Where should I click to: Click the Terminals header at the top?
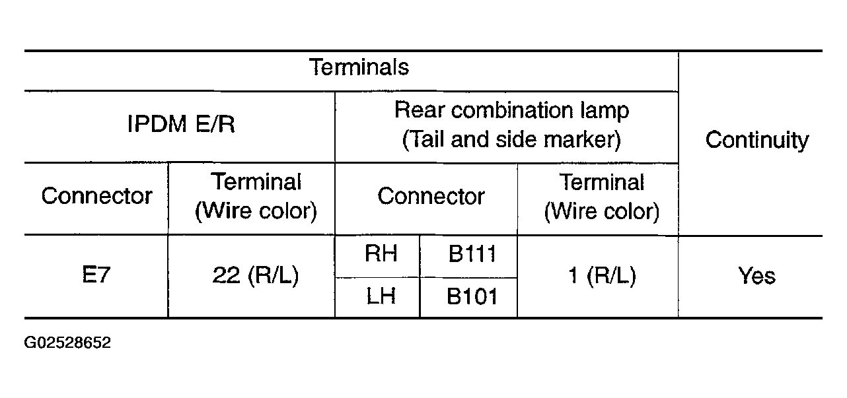(x=359, y=67)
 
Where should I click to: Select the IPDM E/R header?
(x=181, y=124)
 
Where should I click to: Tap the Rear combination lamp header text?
(x=511, y=111)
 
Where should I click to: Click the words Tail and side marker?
(x=511, y=139)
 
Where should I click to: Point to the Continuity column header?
(x=757, y=140)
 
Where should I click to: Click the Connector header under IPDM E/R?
(x=97, y=196)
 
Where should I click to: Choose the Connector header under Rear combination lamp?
(x=431, y=196)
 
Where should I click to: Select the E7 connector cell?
(x=96, y=275)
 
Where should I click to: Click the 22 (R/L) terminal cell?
(x=256, y=275)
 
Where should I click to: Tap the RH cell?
(x=381, y=253)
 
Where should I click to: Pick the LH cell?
(x=381, y=296)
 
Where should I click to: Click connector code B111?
(x=472, y=253)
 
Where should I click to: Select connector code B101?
(x=472, y=296)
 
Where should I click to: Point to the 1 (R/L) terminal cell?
(x=603, y=276)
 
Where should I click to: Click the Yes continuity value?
(x=756, y=275)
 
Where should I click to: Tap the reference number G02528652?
(x=67, y=343)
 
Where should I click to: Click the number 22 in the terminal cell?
(x=226, y=275)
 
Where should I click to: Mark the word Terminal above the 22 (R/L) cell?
(x=256, y=182)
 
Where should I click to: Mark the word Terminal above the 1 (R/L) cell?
(x=602, y=182)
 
